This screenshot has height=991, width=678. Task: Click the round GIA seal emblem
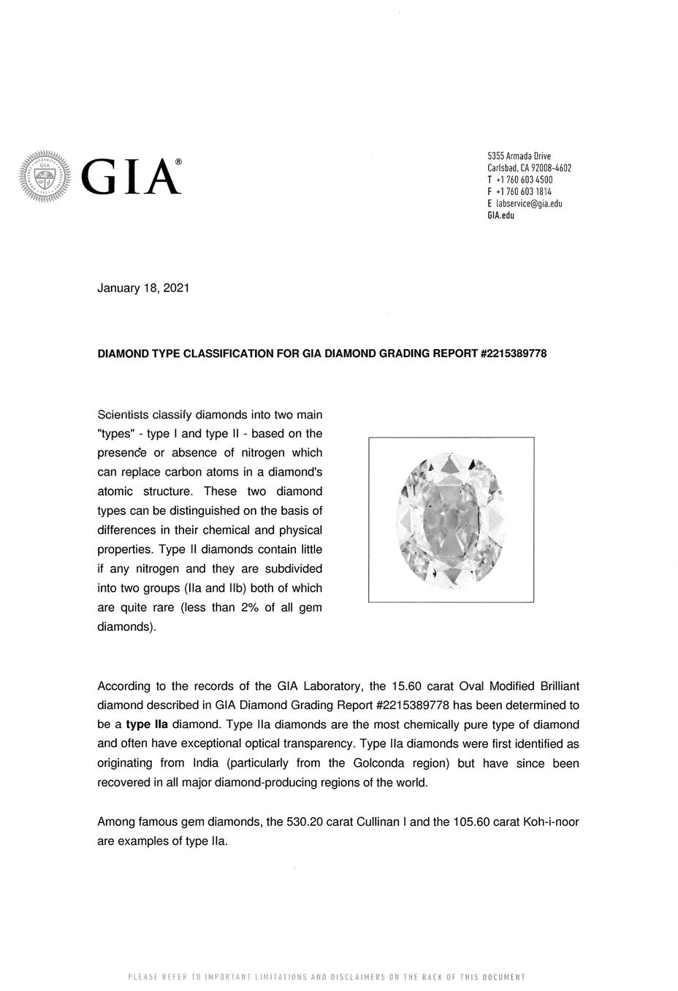(x=45, y=175)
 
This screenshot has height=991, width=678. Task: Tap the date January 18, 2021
(x=143, y=288)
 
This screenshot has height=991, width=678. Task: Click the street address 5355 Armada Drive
(x=519, y=156)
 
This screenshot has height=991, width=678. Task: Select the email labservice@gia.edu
(x=528, y=204)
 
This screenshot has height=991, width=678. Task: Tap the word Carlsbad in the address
(x=502, y=168)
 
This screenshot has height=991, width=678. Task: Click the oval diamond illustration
(x=451, y=519)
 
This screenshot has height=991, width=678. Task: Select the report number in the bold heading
(x=513, y=353)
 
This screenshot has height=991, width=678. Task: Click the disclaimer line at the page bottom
(x=327, y=977)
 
